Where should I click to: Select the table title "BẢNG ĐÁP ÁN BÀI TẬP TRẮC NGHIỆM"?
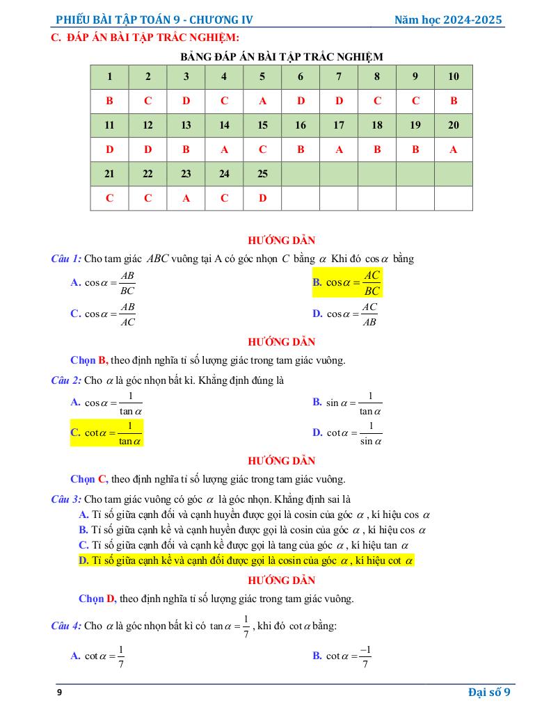point(281,56)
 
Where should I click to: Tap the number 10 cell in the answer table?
point(453,76)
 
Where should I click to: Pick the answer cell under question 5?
point(262,101)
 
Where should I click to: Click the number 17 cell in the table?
point(339,125)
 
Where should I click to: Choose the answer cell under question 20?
point(453,149)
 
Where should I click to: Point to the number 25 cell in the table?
point(262,174)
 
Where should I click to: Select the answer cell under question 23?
point(186,198)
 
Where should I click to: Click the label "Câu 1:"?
point(66,259)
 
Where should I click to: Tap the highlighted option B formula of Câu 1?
point(347,282)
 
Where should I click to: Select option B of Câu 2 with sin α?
point(348,403)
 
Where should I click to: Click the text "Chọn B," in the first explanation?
point(89,360)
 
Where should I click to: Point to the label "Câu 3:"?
point(66,499)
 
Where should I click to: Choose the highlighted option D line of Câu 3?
point(246,560)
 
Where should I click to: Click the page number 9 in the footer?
point(59,693)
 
